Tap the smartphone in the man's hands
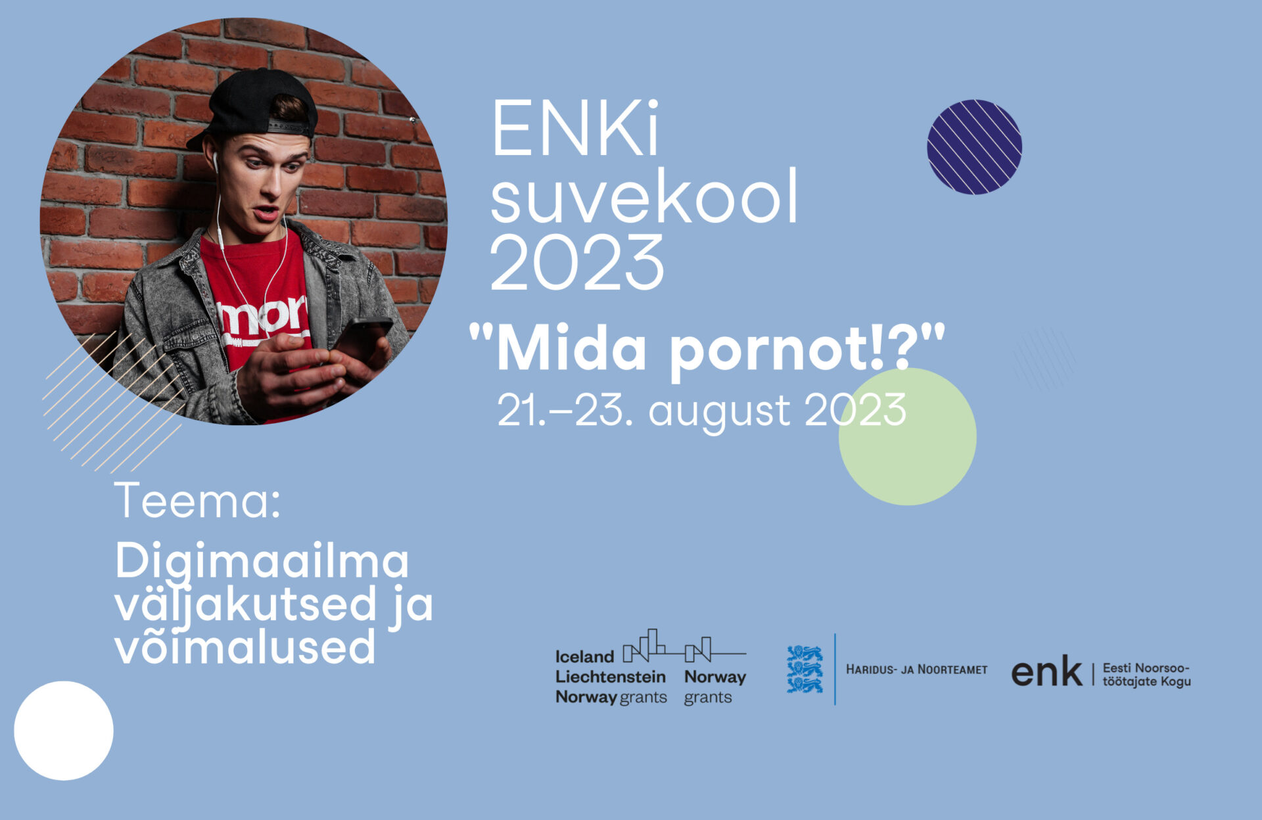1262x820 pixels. pos(362,339)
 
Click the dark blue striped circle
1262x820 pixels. pos(974,147)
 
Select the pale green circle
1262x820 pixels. pos(908,436)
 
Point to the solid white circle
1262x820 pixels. pos(64,731)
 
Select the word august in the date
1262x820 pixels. pos(720,412)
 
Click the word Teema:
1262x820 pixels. pos(198,501)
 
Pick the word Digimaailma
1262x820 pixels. pos(262,562)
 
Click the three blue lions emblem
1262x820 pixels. pos(805,669)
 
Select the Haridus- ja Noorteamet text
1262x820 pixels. pos(916,670)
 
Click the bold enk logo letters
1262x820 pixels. pos(1046,671)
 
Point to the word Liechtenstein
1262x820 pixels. pos(611,677)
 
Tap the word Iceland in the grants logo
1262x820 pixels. pos(584,656)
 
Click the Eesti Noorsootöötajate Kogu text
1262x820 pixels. pos(1146,675)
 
